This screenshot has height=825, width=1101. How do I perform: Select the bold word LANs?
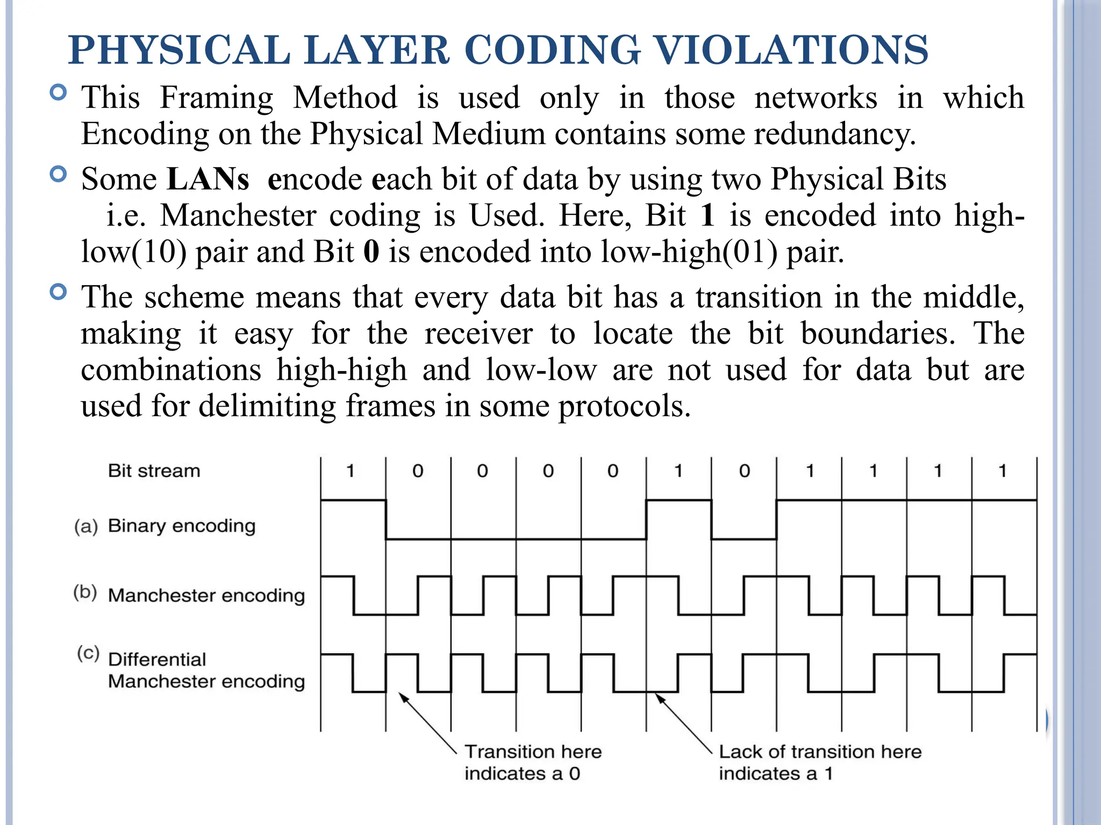pos(208,179)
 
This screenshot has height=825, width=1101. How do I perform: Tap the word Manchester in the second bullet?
pos(238,215)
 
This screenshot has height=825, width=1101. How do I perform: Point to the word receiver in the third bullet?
pos(478,334)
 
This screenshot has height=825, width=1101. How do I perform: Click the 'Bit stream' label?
pos(154,471)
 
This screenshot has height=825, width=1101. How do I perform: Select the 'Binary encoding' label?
pos(181,525)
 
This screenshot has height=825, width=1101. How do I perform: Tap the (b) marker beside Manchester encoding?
pos(85,592)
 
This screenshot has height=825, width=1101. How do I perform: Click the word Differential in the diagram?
pos(157,659)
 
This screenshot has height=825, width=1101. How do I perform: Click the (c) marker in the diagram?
pos(88,653)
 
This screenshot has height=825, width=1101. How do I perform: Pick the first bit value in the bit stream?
pos(351,471)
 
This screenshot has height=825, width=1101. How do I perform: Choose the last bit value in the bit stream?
pos(1002,471)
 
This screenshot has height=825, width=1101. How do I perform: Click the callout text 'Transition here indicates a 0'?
pos(532,762)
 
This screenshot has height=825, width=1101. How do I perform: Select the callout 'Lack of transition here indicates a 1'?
pos(820,762)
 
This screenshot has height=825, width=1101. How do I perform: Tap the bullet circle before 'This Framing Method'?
pos(58,93)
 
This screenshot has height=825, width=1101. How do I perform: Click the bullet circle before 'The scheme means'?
pos(58,292)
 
